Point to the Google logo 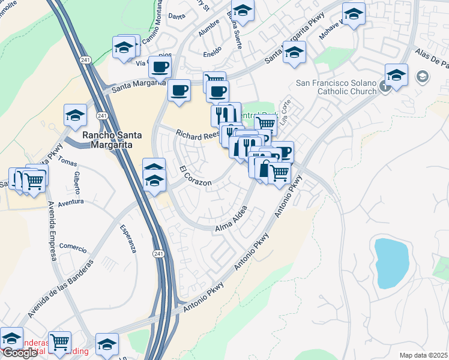click(19, 353)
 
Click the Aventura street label click(71, 203)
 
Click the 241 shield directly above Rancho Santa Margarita click(103, 115)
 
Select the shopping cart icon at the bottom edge click(59, 342)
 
